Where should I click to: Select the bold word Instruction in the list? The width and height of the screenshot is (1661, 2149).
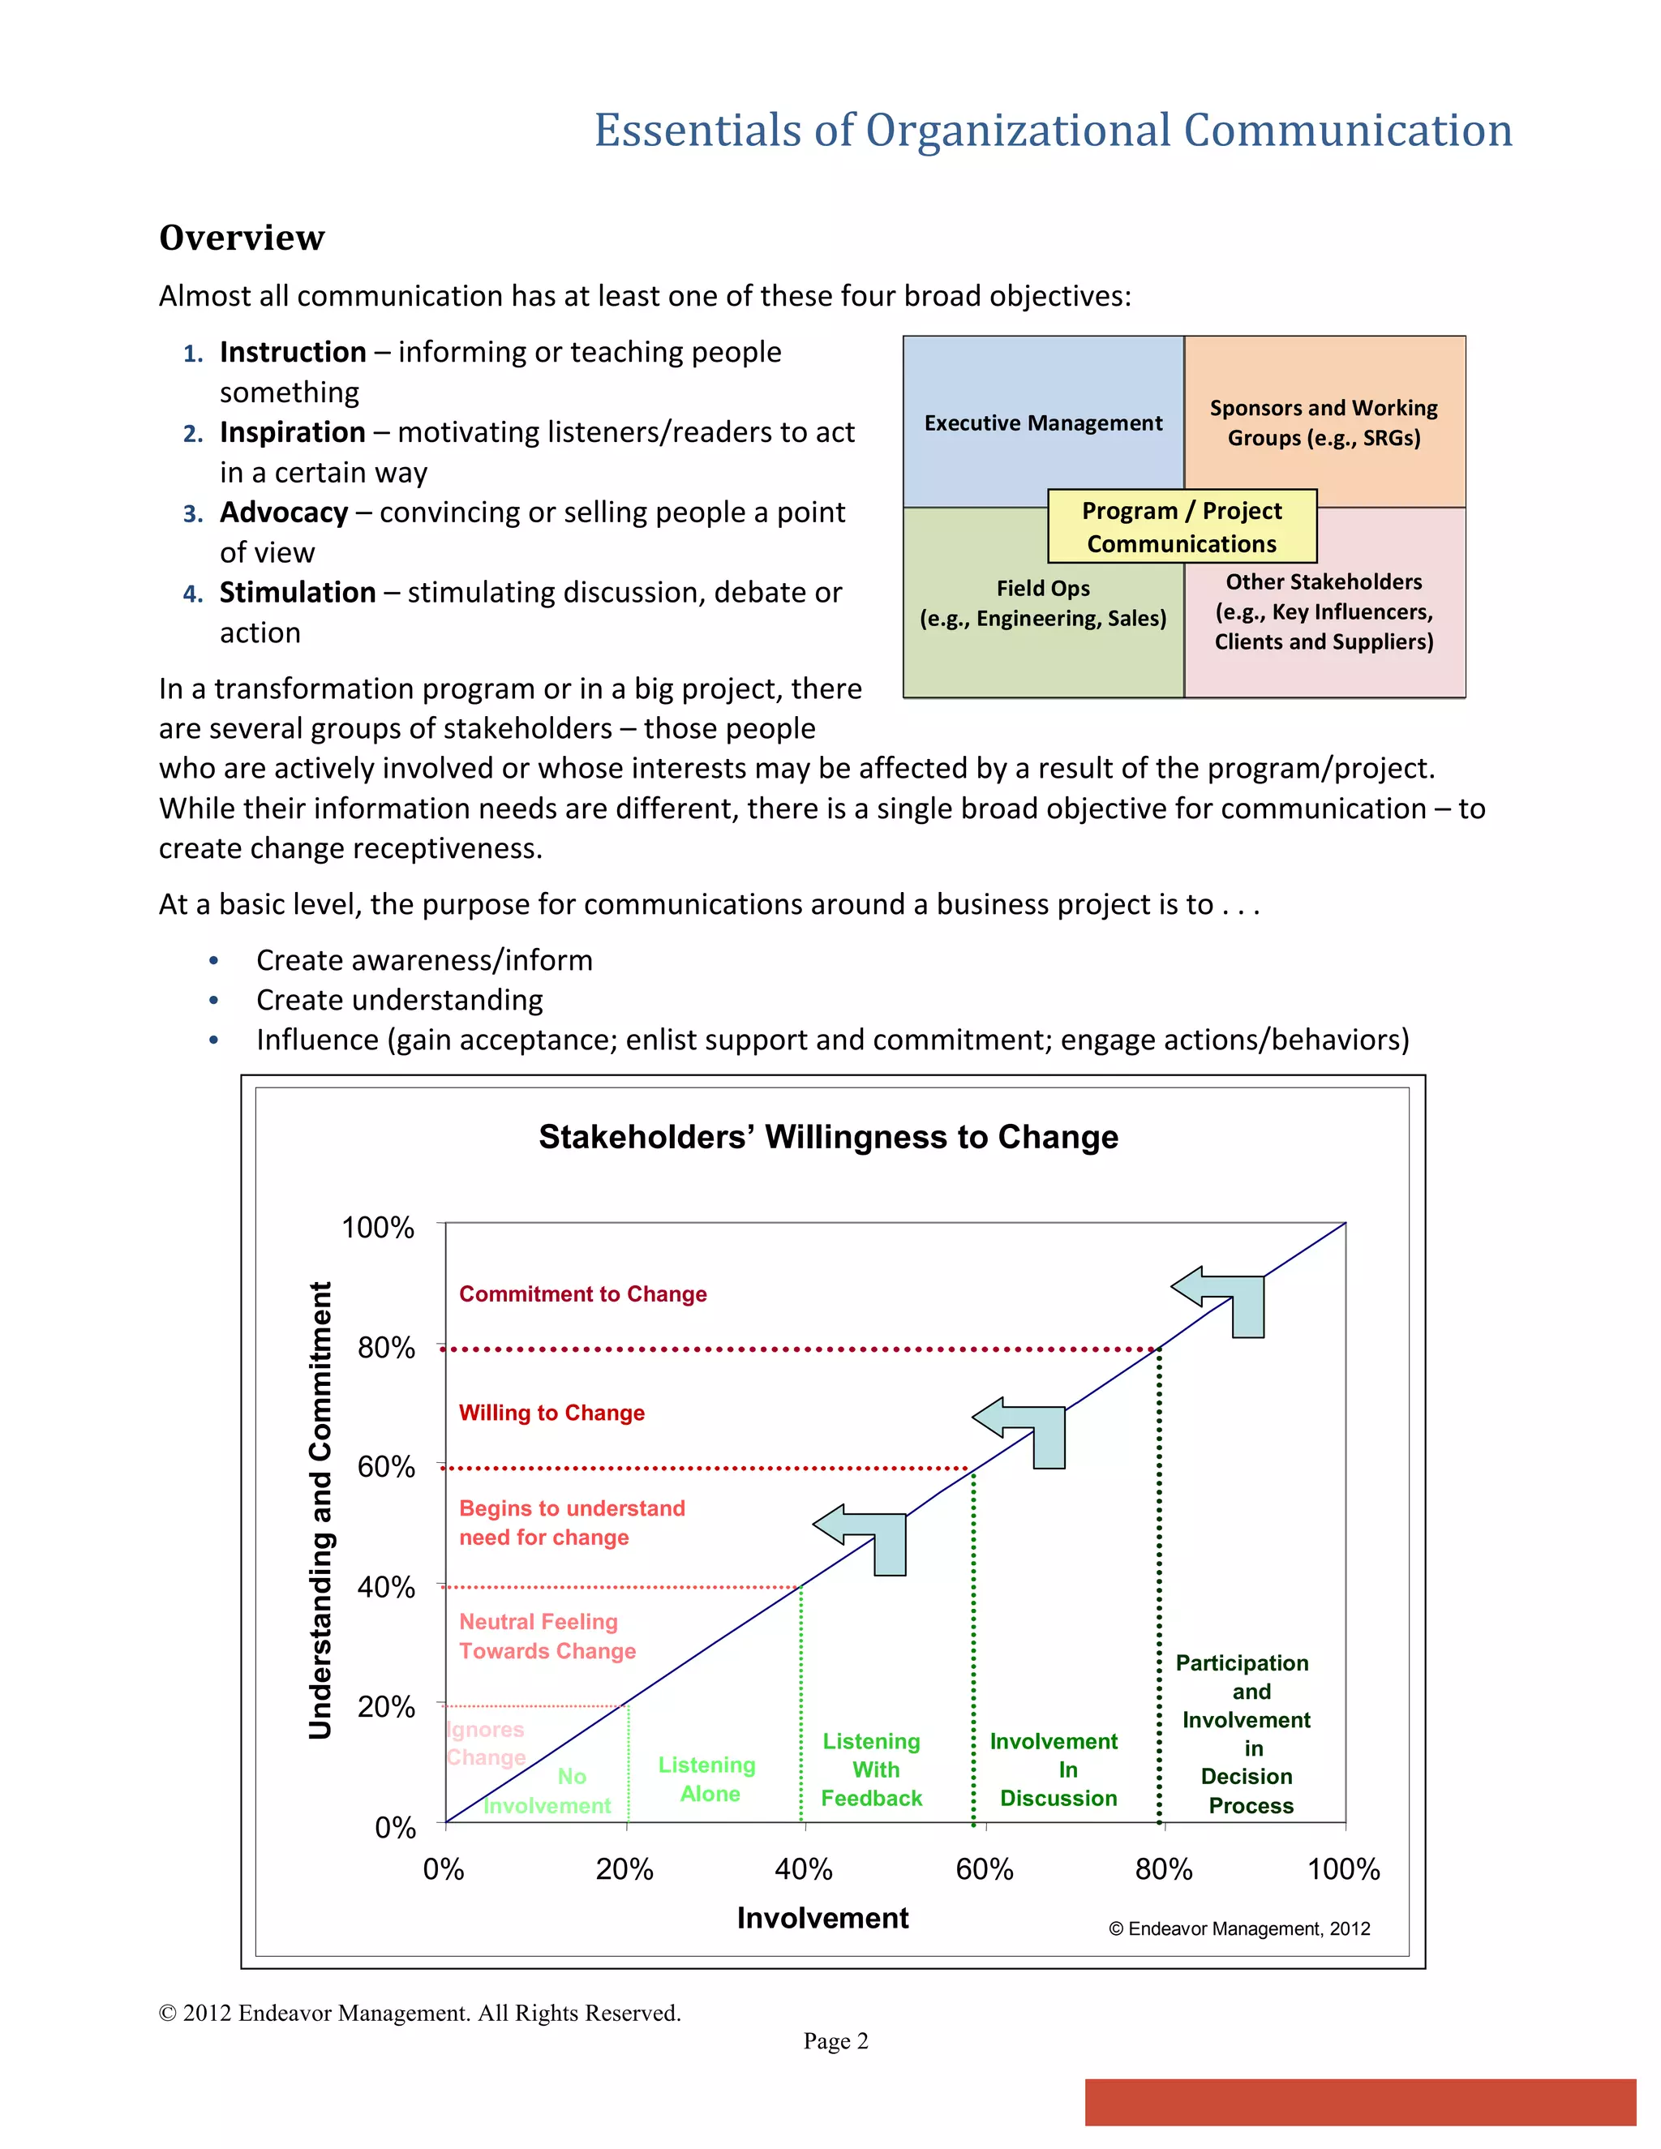tap(292, 351)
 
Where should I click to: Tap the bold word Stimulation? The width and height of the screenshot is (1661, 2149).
tap(297, 592)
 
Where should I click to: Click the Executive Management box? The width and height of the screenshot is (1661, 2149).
tap(1043, 423)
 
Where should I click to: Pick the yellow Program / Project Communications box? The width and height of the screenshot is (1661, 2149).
tap(1182, 526)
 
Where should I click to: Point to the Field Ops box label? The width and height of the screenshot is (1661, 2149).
tap(1043, 603)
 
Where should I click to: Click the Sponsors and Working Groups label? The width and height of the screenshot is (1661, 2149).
tap(1324, 423)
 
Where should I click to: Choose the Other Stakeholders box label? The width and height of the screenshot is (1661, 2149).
tap(1324, 611)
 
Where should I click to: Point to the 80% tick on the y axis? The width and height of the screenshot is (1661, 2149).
tap(386, 1347)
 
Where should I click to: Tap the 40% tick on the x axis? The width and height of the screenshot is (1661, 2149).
tap(803, 1868)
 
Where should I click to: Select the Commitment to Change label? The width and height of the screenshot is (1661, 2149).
tap(582, 1294)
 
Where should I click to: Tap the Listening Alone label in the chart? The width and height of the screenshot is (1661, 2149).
tap(706, 1779)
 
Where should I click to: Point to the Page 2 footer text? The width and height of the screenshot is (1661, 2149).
tap(835, 2041)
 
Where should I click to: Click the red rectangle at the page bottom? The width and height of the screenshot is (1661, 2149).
tap(1360, 2102)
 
